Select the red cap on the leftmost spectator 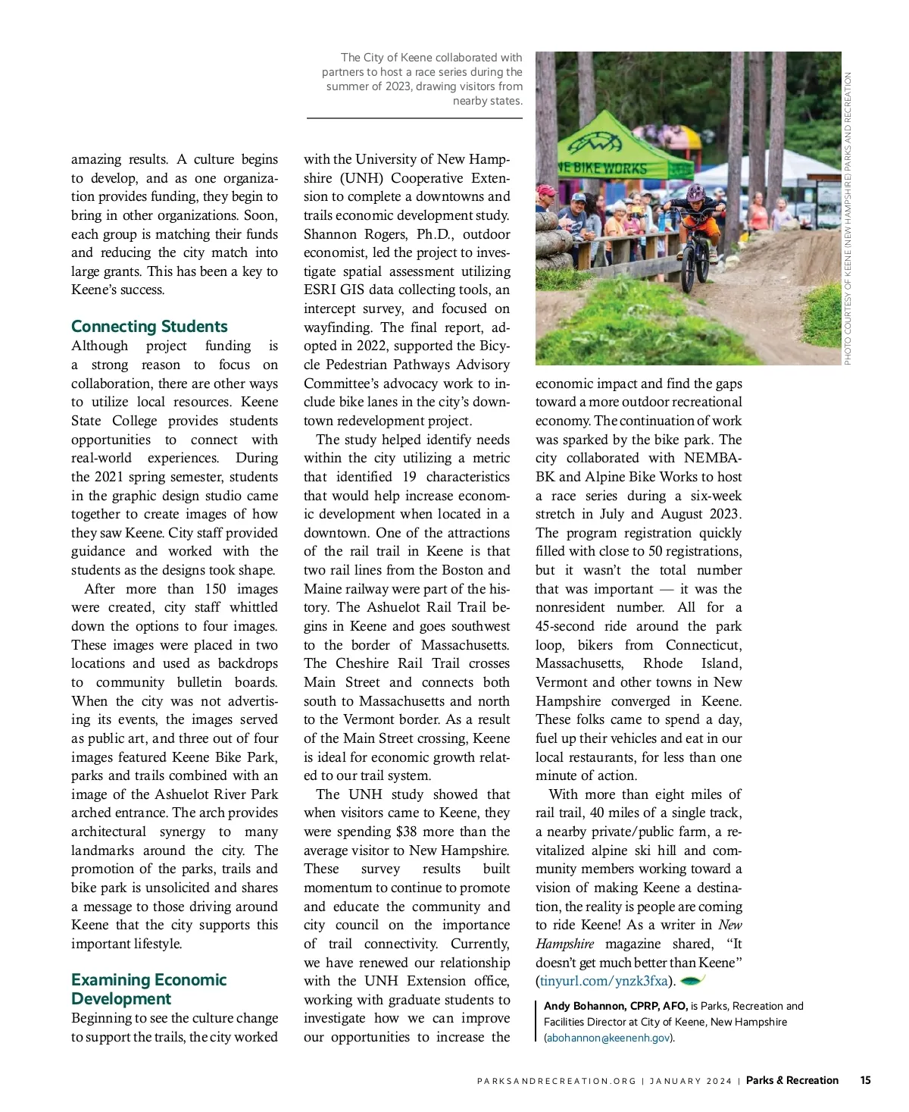(545, 190)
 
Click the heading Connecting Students (149, 326)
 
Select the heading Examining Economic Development (148, 989)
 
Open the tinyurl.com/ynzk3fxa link (604, 981)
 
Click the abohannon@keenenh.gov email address (608, 1038)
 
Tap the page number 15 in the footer (865, 1080)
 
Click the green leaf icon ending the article (693, 980)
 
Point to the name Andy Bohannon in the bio (583, 1006)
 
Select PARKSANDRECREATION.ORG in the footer (557, 1081)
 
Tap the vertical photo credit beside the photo (848, 218)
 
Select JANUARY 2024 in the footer (690, 1081)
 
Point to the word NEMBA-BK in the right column (712, 458)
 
